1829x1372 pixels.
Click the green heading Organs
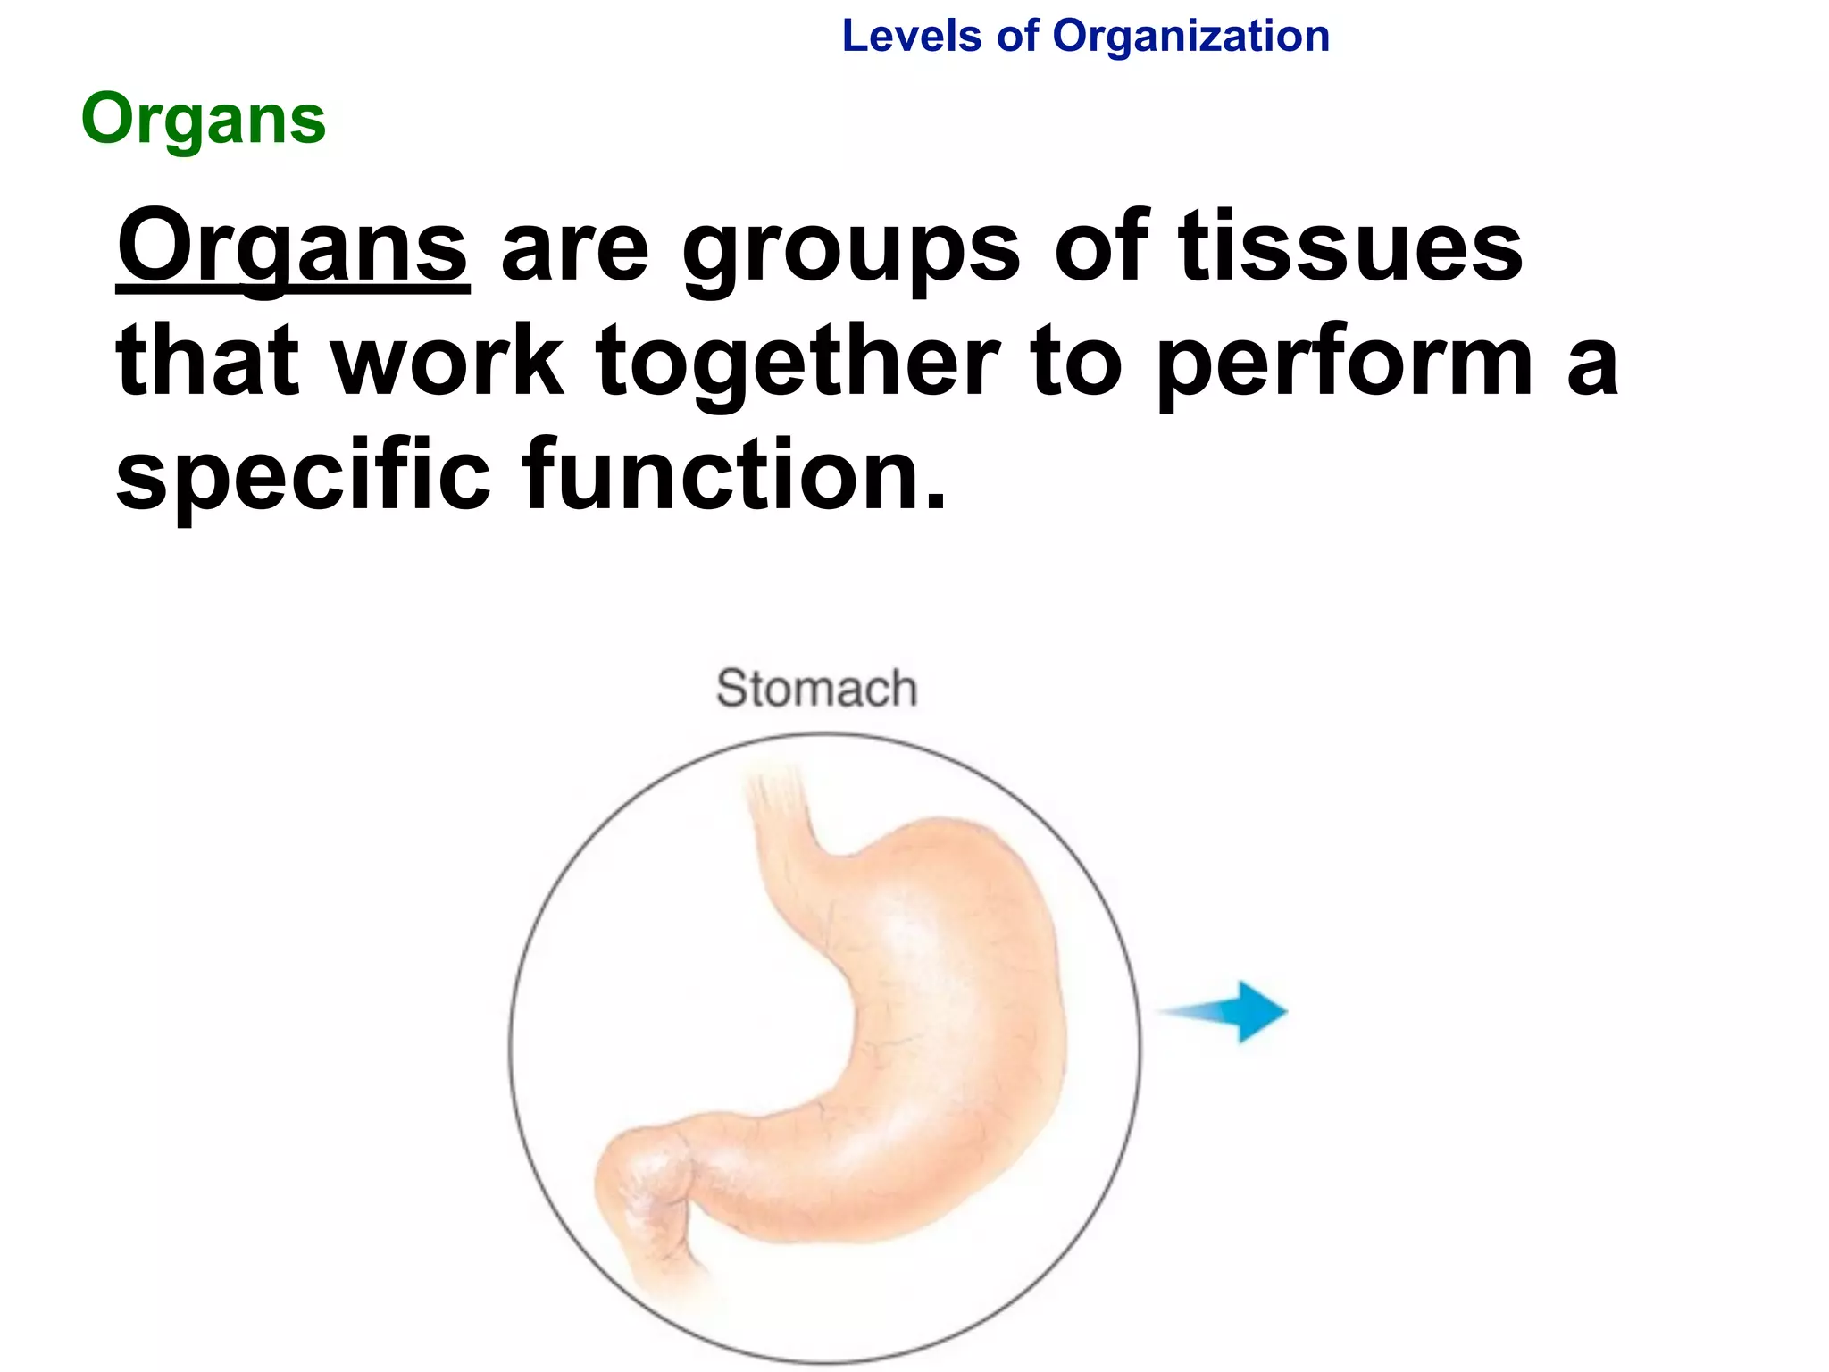(x=204, y=121)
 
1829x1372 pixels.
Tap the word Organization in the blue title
(x=1190, y=38)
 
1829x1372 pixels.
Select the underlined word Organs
(x=292, y=247)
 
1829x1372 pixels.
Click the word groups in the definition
(x=851, y=250)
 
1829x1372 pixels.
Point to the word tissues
(x=1350, y=246)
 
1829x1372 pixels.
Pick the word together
(x=798, y=363)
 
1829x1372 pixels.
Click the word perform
(x=1346, y=363)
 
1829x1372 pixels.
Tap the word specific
(x=304, y=475)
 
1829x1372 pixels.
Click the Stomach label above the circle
(x=816, y=689)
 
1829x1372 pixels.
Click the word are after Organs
(x=574, y=250)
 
